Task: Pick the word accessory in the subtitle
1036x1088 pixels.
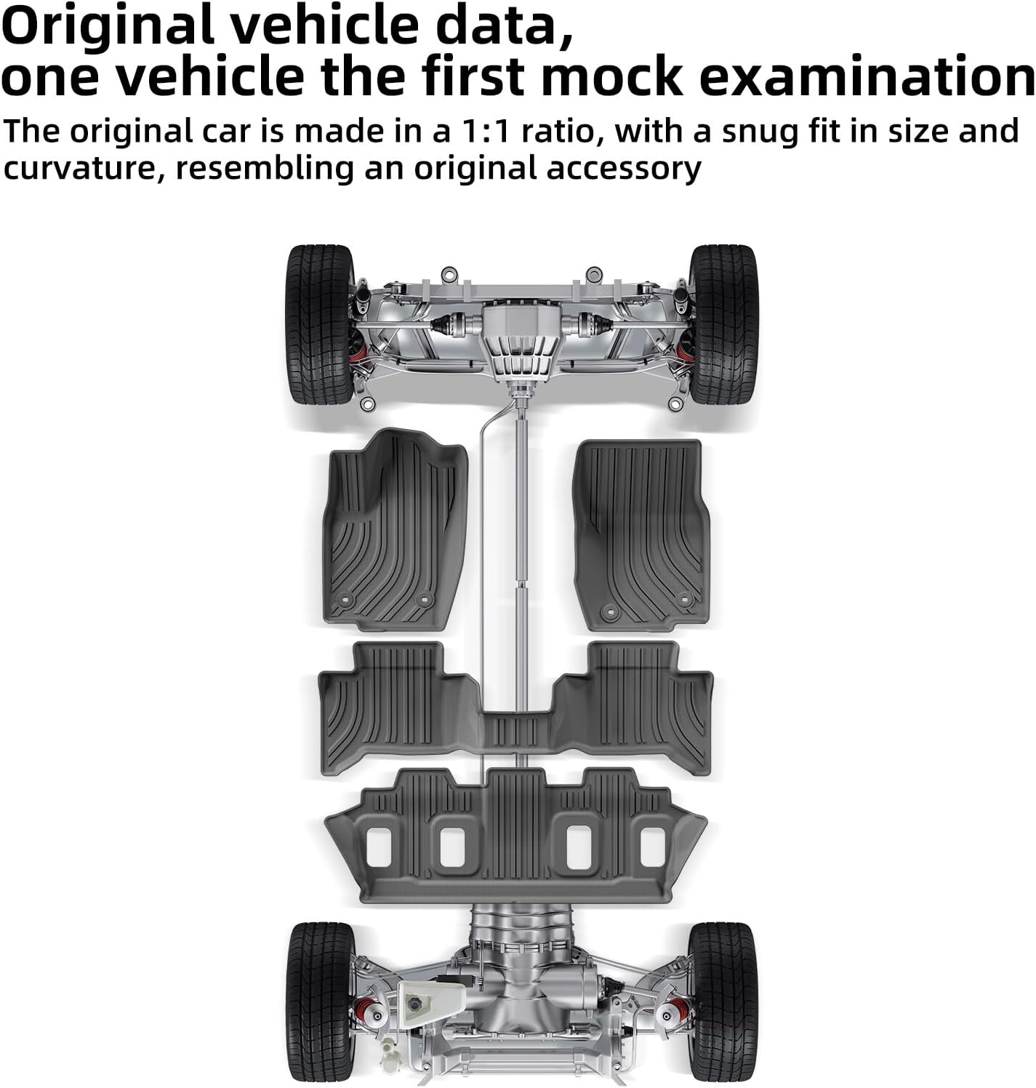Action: tap(623, 169)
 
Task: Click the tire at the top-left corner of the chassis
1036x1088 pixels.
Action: tap(319, 324)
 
